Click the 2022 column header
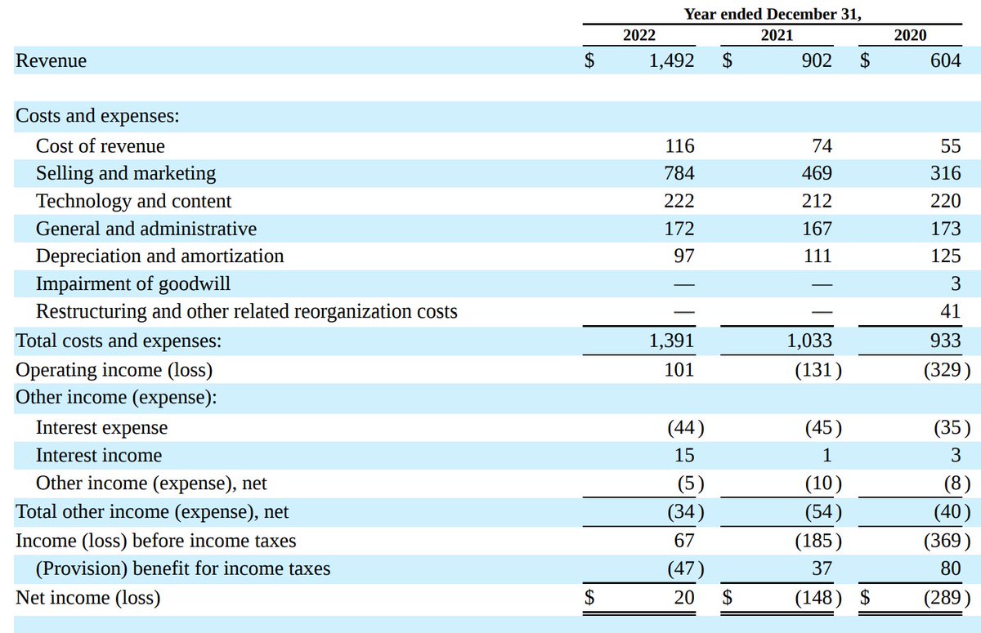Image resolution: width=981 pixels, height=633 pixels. (638, 34)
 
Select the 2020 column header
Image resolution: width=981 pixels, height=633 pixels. (910, 34)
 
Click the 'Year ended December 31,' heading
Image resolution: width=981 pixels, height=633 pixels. (773, 14)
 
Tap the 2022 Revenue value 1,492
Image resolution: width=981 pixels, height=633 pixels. (671, 60)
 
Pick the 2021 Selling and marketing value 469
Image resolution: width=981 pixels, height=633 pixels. (817, 173)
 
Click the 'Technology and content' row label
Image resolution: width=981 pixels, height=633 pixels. (133, 201)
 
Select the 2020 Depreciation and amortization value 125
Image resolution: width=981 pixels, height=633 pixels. (945, 256)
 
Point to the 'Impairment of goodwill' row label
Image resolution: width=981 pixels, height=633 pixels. (132, 284)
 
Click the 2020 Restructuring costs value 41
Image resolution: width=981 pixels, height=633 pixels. (950, 311)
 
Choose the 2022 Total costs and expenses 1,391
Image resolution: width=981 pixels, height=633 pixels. (674, 341)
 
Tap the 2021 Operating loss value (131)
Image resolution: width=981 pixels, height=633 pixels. (818, 370)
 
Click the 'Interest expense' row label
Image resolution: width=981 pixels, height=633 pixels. (101, 428)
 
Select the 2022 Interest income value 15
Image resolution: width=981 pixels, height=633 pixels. (684, 456)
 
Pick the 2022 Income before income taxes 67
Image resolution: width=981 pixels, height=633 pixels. (684, 541)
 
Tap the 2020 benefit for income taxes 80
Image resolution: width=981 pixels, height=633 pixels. (950, 568)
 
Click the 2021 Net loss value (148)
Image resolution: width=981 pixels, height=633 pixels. (818, 598)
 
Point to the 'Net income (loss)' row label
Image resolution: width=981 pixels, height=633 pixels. (88, 598)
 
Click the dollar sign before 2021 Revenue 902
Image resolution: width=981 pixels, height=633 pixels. (724, 60)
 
